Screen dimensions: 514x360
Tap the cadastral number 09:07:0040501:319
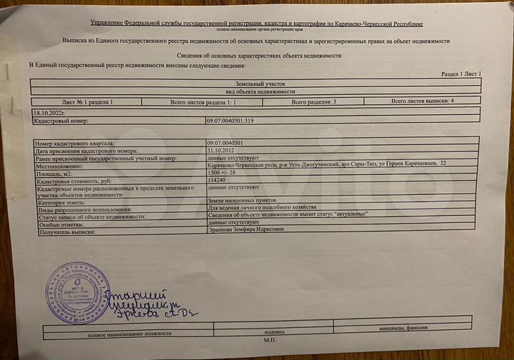click(x=229, y=121)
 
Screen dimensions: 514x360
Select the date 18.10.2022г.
click(x=49, y=113)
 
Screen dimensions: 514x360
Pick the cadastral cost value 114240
click(x=216, y=181)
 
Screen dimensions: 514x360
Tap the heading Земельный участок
click(x=256, y=84)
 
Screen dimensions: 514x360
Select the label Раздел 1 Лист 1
click(x=460, y=74)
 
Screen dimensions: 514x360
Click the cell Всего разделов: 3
click(x=314, y=101)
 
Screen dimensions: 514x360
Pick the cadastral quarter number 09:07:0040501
click(x=224, y=144)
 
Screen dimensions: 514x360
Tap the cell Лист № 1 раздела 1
click(x=88, y=102)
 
